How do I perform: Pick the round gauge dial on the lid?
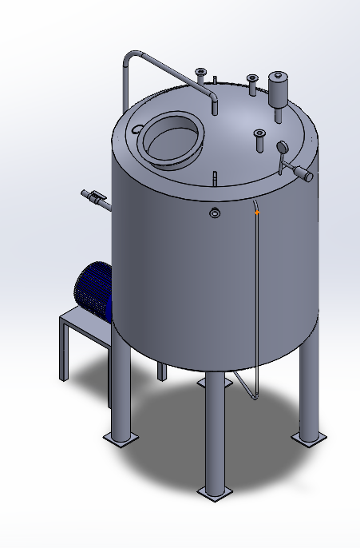282,147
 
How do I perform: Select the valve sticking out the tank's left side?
96,197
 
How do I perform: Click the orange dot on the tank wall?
257,213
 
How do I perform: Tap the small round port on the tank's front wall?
215,212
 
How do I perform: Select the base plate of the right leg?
308,438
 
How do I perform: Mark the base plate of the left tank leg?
120,438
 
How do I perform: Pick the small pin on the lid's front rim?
216,176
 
